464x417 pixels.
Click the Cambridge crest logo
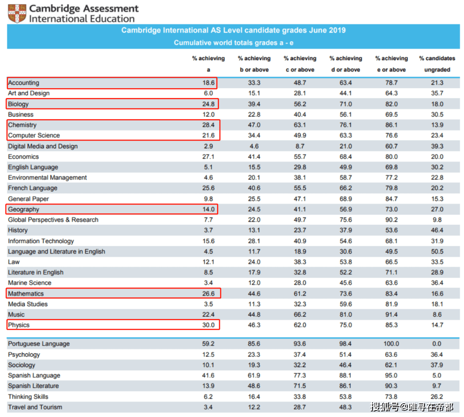[16, 14]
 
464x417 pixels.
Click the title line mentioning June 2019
[233, 31]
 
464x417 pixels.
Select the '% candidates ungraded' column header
[437, 64]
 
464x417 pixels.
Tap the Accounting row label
[24, 83]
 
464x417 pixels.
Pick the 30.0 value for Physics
[208, 325]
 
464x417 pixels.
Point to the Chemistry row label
[22, 125]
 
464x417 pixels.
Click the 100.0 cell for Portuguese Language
[391, 344]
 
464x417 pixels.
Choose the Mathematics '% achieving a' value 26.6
[208, 294]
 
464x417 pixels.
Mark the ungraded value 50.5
[437, 251]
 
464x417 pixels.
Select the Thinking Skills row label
[28, 397]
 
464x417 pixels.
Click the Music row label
[16, 315]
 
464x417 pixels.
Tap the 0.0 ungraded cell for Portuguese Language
[437, 344]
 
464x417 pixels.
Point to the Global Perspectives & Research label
[53, 220]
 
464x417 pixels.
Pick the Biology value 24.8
[208, 104]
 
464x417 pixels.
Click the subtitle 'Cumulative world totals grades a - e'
[233, 43]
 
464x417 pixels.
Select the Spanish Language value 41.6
[208, 376]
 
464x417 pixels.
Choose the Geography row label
[24, 209]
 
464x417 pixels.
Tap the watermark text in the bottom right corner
[412, 406]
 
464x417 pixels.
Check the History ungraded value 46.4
[437, 230]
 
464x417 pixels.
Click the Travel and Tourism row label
[35, 407]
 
